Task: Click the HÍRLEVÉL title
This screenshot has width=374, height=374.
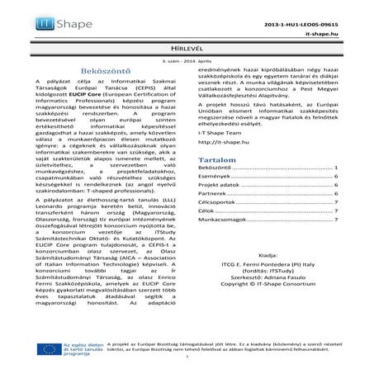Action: [x=187, y=51]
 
